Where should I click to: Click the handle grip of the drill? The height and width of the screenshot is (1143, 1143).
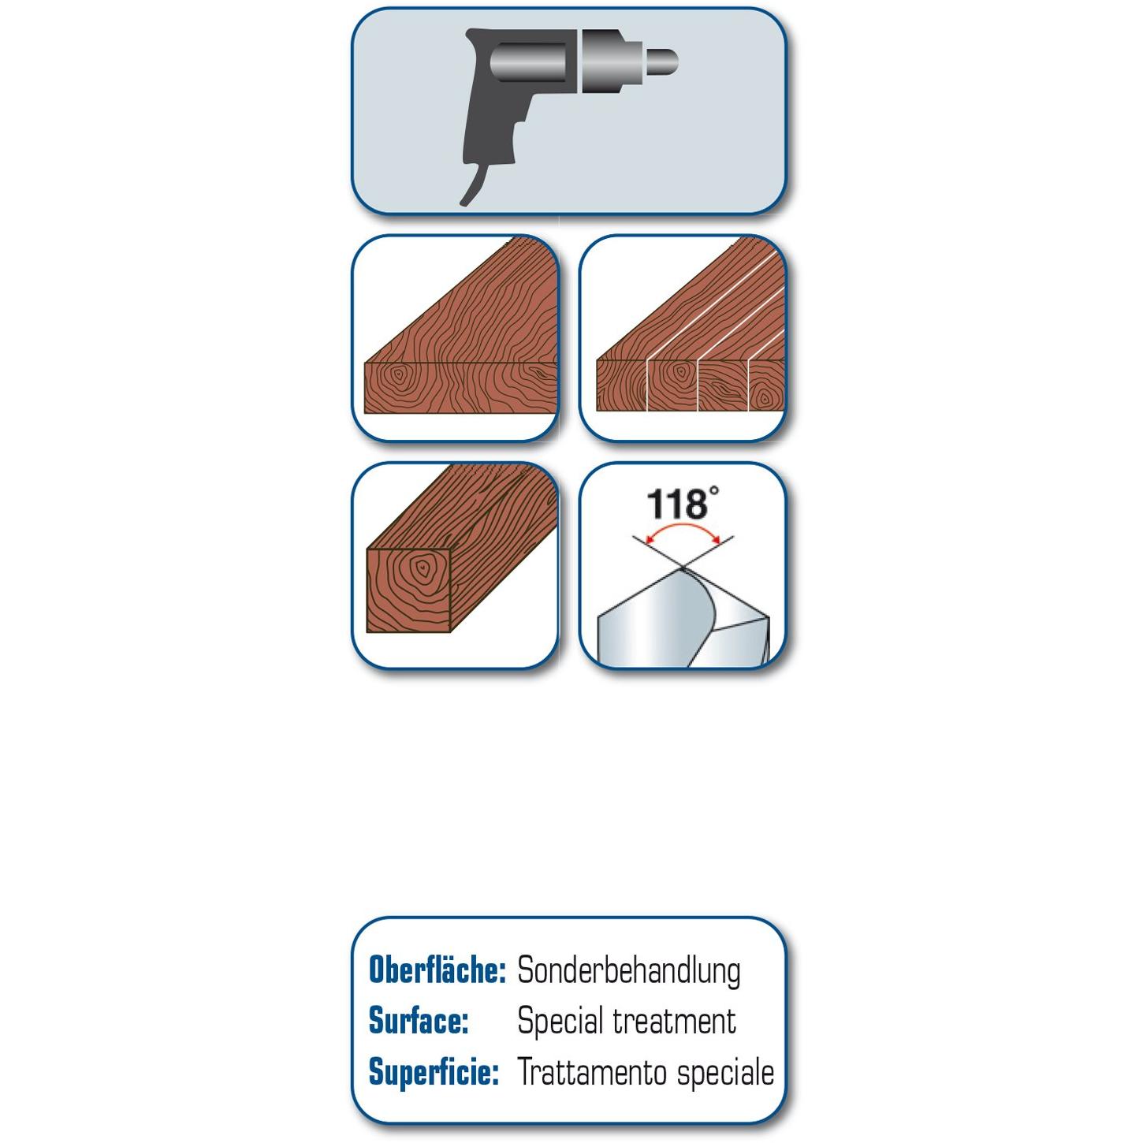coord(490,125)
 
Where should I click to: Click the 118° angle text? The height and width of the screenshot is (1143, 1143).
coord(683,503)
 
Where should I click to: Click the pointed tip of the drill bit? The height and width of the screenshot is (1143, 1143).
coord(683,568)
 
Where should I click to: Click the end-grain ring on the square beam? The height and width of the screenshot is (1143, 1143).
coord(422,568)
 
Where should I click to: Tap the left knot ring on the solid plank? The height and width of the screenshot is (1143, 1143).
coord(398,374)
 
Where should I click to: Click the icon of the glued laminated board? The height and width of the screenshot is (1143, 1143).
coord(683,338)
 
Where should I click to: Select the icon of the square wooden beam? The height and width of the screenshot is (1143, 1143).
coord(456,565)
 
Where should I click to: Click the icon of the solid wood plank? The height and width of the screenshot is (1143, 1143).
coord(456,338)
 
